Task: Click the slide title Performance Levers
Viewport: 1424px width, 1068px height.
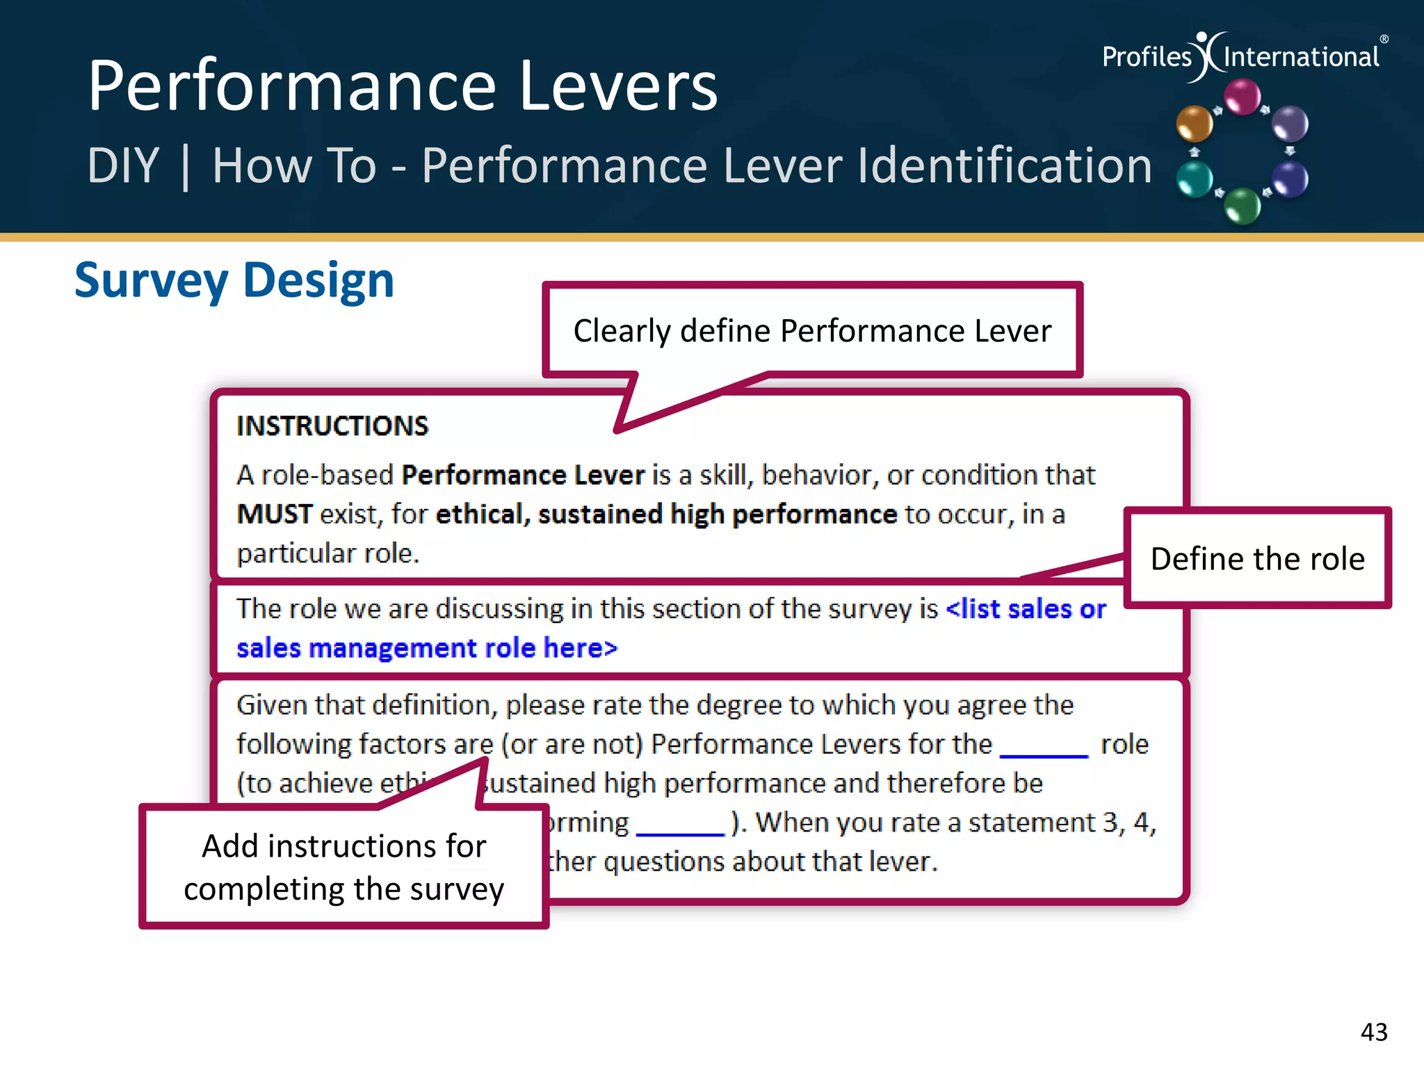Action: pyautogui.click(x=402, y=86)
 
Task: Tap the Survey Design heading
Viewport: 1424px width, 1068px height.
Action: pyautogui.click(x=234, y=280)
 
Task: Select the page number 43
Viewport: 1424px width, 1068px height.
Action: pyautogui.click(x=1373, y=1032)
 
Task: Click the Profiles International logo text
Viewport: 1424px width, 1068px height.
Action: pyautogui.click(x=1240, y=56)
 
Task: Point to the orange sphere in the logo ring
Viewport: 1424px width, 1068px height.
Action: pyautogui.click(x=1194, y=124)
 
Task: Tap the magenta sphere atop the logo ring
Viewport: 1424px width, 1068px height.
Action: pyautogui.click(x=1242, y=97)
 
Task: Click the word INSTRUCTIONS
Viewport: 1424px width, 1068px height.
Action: pyautogui.click(x=332, y=426)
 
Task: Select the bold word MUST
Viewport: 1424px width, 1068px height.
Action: pyautogui.click(x=275, y=515)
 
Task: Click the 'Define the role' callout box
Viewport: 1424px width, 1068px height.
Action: pyautogui.click(x=1257, y=558)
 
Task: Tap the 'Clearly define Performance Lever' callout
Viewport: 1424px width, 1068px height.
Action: pyautogui.click(x=811, y=331)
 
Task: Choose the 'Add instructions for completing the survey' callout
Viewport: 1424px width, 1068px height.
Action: pyautogui.click(x=343, y=867)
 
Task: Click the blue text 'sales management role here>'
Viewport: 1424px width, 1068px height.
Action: pyautogui.click(x=426, y=648)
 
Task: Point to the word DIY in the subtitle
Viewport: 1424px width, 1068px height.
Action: pyautogui.click(x=124, y=166)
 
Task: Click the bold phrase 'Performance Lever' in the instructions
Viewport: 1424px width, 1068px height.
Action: pyautogui.click(x=523, y=476)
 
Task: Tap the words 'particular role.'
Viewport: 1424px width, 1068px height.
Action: pyautogui.click(x=327, y=553)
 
